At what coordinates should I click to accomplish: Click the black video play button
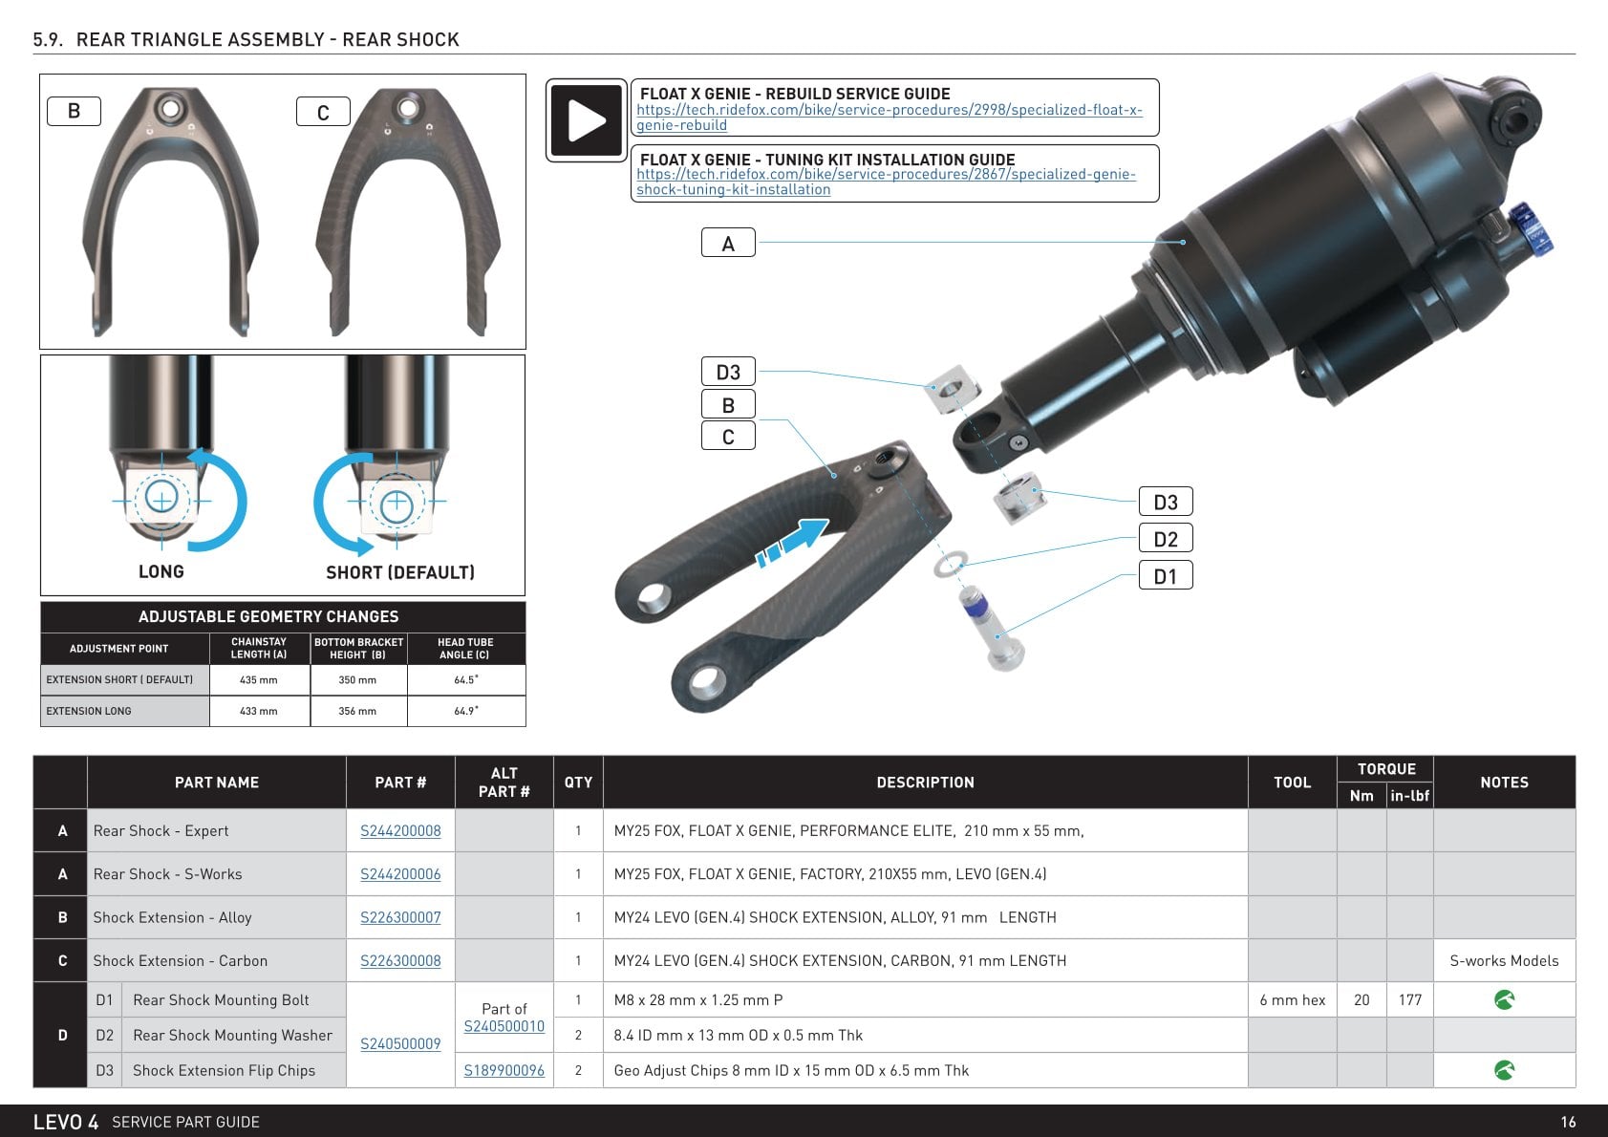tap(586, 119)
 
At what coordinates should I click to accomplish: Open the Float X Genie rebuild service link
tap(889, 117)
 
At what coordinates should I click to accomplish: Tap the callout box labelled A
tap(728, 243)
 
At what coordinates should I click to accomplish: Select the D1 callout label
tap(1165, 575)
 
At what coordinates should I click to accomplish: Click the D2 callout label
tap(1165, 538)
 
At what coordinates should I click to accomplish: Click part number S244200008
tap(400, 830)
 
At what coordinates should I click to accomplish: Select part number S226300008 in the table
tap(400, 960)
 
